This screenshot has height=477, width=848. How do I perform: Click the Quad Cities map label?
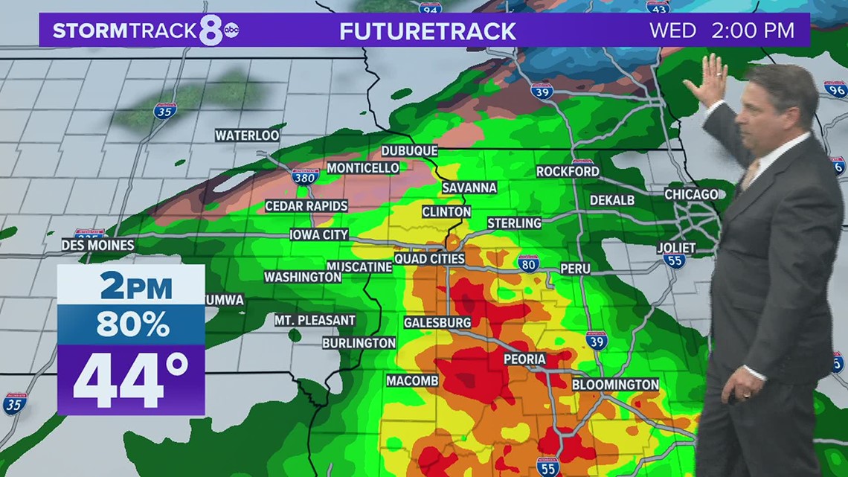click(429, 259)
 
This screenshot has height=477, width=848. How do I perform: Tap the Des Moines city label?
click(97, 245)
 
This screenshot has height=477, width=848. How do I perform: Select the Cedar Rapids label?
click(306, 206)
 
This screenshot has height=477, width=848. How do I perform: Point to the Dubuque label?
click(409, 151)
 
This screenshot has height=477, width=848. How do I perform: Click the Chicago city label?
click(691, 195)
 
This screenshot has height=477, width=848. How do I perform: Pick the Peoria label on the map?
click(524, 359)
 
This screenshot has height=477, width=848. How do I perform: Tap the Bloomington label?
click(615, 385)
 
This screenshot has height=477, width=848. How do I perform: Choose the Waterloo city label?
click(247, 135)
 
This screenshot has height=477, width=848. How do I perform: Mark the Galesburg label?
click(437, 322)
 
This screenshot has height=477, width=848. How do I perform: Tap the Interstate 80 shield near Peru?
click(528, 263)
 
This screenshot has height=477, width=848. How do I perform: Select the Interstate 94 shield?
click(430, 7)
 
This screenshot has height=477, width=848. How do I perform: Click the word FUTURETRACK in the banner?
click(428, 31)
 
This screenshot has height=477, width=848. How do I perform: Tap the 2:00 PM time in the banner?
click(753, 31)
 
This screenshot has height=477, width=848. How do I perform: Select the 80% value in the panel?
click(131, 324)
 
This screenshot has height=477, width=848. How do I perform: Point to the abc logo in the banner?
click(232, 31)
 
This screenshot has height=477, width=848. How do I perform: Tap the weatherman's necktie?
click(750, 174)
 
